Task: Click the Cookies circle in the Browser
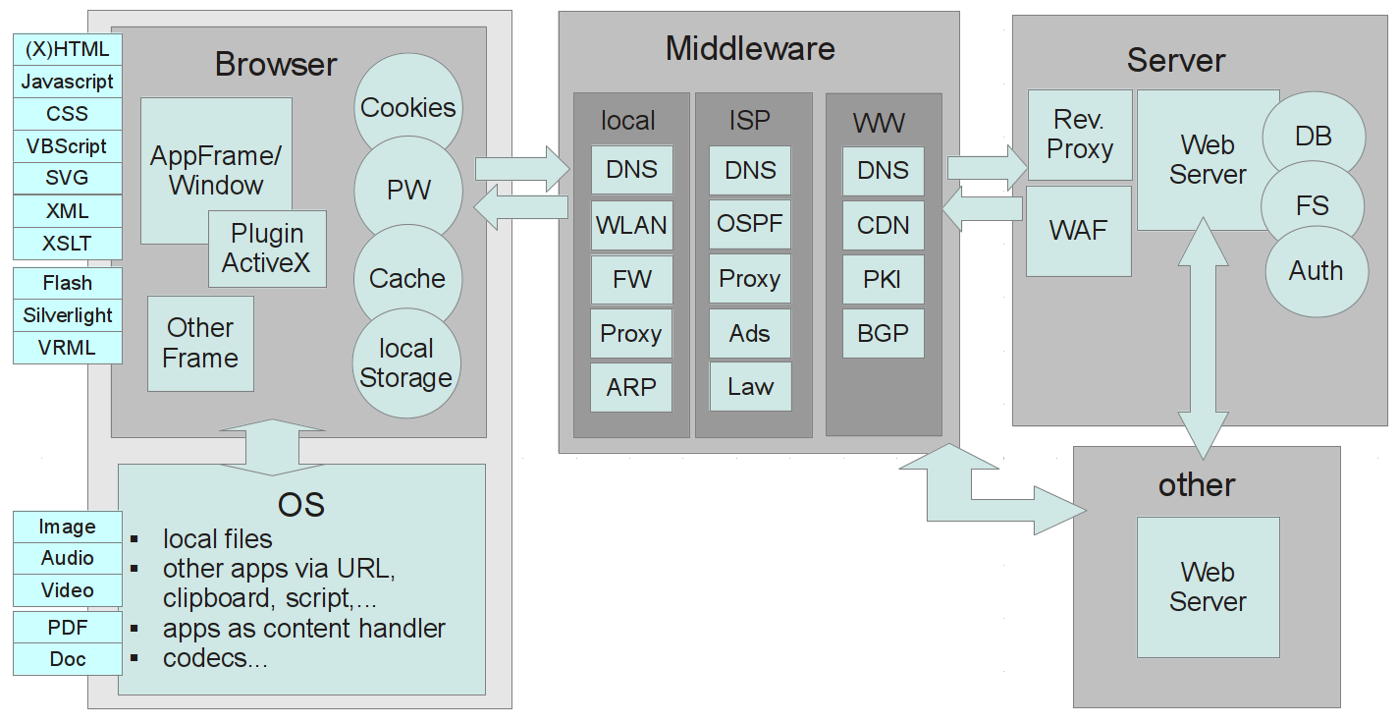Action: [407, 107]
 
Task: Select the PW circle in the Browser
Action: [407, 190]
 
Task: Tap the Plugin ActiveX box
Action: [267, 249]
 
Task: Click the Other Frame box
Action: [200, 343]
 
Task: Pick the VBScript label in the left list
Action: [67, 146]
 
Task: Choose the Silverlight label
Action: [67, 315]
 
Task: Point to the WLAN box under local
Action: [631, 225]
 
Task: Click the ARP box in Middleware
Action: [631, 387]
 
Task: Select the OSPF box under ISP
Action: [750, 224]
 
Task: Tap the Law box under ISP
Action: [750, 386]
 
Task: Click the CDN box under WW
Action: [883, 225]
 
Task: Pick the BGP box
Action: [883, 333]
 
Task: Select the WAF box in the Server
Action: [1079, 231]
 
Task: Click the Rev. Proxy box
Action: [1079, 135]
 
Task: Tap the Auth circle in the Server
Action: [1316, 270]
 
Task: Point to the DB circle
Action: [1314, 136]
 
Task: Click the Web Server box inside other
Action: [1208, 586]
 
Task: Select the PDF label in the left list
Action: [67, 627]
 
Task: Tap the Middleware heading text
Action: [750, 48]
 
